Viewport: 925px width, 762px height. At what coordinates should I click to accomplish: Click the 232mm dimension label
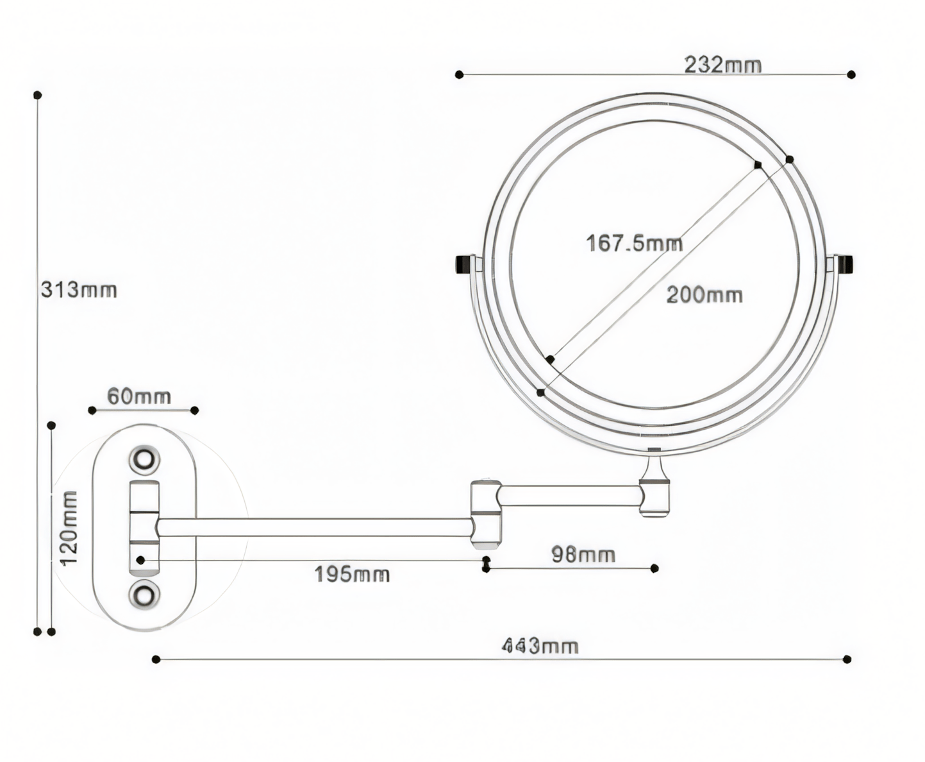[722, 65]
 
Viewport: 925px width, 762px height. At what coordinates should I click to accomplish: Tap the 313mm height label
[79, 290]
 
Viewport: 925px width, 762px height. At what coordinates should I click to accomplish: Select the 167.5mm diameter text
[634, 244]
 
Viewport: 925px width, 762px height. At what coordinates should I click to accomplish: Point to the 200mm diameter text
[704, 295]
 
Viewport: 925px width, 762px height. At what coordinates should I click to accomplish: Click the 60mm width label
[138, 396]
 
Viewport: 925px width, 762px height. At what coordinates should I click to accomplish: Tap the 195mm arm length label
[351, 574]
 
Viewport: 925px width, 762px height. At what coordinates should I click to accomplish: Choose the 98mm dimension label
[583, 555]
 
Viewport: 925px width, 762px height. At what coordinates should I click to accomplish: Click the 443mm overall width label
[540, 646]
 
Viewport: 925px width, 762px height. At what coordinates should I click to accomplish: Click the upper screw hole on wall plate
[144, 459]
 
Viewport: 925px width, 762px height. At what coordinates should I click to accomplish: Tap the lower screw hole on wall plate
[144, 595]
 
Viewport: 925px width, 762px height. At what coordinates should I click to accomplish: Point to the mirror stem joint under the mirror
[654, 484]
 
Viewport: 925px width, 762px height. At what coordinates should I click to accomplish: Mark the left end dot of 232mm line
[459, 75]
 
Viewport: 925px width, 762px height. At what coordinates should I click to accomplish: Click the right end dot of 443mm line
[847, 659]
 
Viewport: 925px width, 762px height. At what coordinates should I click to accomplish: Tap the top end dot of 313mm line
[38, 95]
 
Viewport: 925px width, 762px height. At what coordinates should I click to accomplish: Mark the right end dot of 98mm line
[654, 568]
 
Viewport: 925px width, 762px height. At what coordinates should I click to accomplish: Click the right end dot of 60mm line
[195, 411]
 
